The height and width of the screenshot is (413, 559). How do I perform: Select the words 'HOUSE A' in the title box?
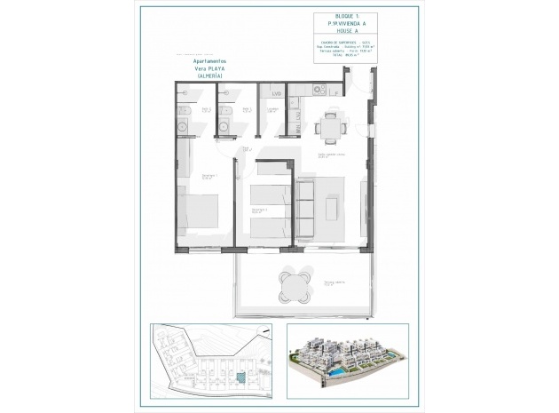point(339,32)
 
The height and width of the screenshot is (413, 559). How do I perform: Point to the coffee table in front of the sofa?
point(333,208)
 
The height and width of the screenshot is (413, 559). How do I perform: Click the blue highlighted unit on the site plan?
point(241,379)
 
